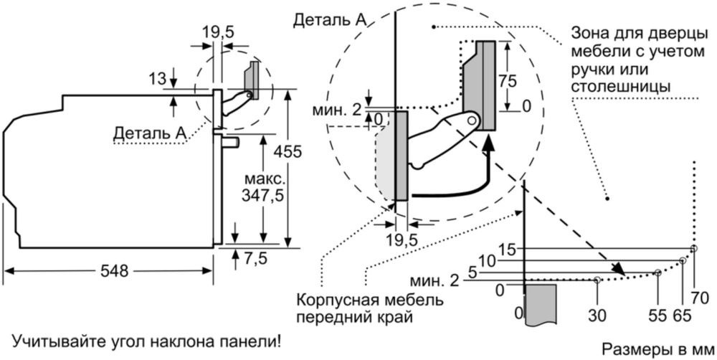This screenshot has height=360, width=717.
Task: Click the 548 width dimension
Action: [x=114, y=272]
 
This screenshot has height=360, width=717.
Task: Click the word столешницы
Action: [x=621, y=87]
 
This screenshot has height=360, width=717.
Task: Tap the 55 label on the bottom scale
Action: [x=656, y=314]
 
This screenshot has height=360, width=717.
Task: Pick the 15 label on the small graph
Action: [x=507, y=249]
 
